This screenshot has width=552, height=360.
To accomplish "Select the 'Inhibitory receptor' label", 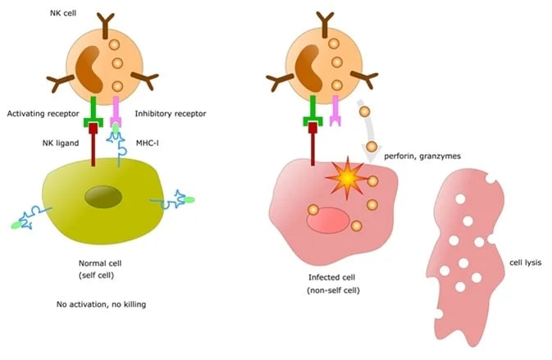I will point(175,113).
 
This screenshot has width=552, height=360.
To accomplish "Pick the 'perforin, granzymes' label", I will point(424,156).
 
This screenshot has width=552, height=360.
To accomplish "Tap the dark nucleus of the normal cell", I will point(103,198).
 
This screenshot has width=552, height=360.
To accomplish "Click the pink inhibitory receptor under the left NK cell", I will point(116,111).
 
